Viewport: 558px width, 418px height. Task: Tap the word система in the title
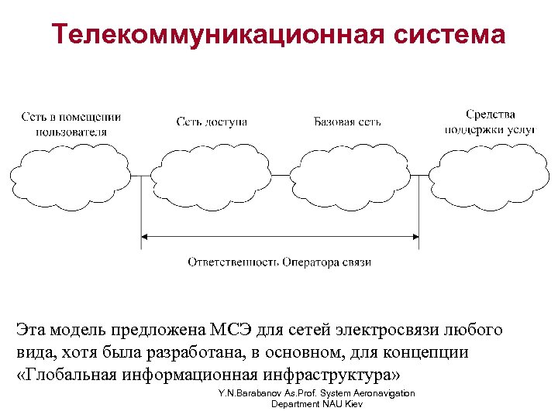tap(449, 34)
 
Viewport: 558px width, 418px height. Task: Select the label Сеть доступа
tap(212, 122)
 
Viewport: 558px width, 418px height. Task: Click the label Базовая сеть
tap(347, 122)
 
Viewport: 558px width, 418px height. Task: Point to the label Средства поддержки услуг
tap(490, 122)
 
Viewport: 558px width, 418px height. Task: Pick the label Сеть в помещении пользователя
tap(71, 124)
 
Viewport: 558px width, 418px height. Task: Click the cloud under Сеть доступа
tap(212, 176)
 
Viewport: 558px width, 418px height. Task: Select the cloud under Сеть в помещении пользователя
tap(71, 176)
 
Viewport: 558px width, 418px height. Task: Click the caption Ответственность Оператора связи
tap(279, 262)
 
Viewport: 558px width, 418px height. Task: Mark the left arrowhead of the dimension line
tap(145, 236)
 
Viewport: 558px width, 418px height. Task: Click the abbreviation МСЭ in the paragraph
tap(248, 331)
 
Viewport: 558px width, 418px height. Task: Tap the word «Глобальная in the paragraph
tap(67, 375)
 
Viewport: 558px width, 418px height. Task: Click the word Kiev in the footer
tap(353, 404)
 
